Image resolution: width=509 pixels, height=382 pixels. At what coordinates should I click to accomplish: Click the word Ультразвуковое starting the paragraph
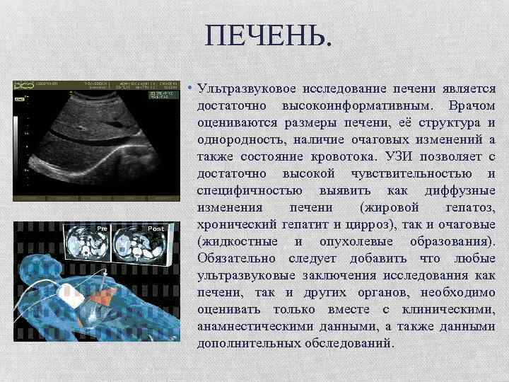click(x=245, y=90)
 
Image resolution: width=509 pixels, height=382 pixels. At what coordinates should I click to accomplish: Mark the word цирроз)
click(x=379, y=224)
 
